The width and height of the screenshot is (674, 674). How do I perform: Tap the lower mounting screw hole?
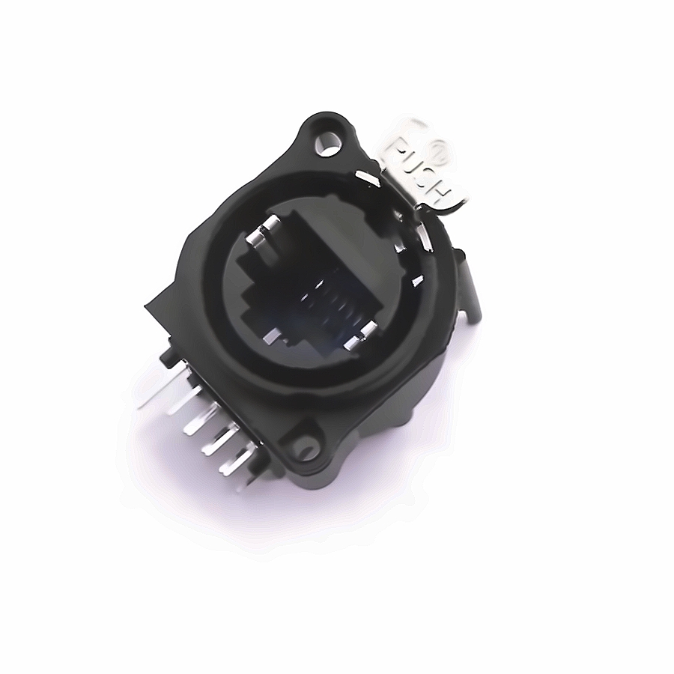pyautogui.click(x=306, y=449)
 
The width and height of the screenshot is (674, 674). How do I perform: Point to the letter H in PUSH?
pyautogui.click(x=443, y=193)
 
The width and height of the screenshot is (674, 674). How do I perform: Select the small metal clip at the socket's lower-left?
pyautogui.click(x=272, y=336)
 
